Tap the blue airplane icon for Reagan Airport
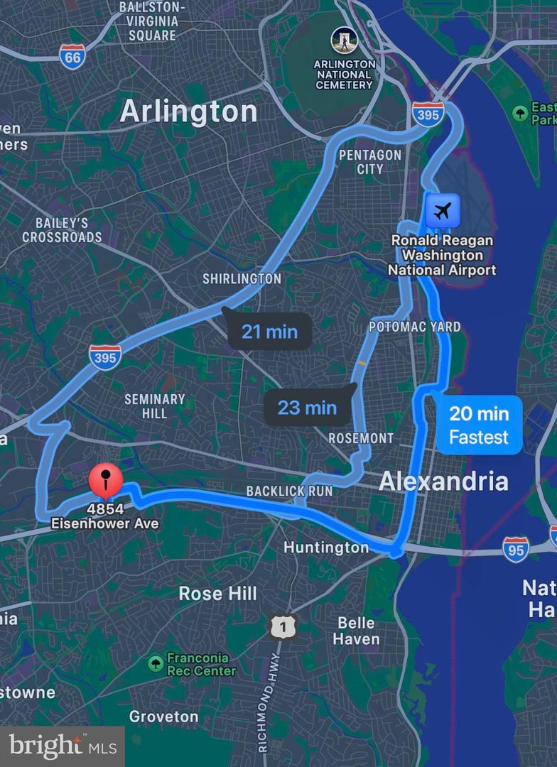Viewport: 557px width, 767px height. [443, 211]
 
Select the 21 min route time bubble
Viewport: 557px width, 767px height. [269, 331]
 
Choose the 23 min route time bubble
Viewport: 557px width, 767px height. [307, 407]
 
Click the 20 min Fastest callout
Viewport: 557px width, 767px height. [479, 425]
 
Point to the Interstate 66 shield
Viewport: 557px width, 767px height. [72, 57]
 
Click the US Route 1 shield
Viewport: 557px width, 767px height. [283, 626]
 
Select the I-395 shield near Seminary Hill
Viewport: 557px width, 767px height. [104, 357]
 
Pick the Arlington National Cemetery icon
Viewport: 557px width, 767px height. [344, 40]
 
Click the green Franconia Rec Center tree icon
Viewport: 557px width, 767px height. [156, 664]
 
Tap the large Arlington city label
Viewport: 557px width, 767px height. [188, 111]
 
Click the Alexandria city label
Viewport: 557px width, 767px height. [443, 482]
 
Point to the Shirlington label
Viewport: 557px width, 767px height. [242, 279]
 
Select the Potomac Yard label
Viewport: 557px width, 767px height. [414, 327]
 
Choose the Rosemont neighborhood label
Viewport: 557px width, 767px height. [360, 438]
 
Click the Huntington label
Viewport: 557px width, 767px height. [326, 548]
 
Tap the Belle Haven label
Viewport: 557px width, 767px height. [358, 631]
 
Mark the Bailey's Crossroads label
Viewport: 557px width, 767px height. [62, 230]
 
